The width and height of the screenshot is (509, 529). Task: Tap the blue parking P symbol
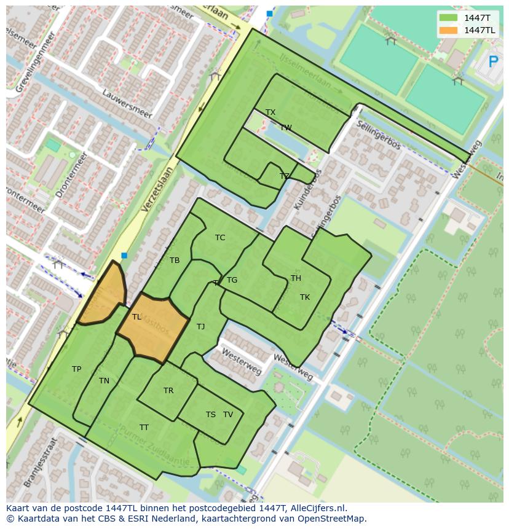click(x=493, y=61)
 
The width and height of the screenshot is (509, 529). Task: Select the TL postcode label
click(x=136, y=317)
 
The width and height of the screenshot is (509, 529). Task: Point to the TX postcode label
click(x=270, y=112)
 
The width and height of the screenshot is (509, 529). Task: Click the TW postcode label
click(x=286, y=128)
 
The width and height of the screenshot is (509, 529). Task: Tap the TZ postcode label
click(x=284, y=176)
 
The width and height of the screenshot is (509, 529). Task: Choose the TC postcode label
click(x=220, y=238)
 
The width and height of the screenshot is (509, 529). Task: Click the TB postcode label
click(x=175, y=261)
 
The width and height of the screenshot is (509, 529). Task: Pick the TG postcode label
click(x=232, y=280)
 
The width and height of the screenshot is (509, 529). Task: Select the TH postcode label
click(x=296, y=278)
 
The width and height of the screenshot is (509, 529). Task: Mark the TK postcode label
click(x=305, y=297)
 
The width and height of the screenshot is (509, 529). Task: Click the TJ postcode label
click(x=200, y=327)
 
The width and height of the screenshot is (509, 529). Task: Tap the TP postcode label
click(x=76, y=369)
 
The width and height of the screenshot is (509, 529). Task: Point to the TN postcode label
click(x=104, y=381)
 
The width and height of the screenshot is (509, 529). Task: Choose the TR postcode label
click(x=168, y=391)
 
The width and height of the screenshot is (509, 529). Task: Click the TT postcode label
click(x=144, y=428)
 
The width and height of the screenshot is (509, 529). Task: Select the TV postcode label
click(x=228, y=415)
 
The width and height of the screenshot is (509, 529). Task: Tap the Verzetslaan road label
click(x=157, y=189)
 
